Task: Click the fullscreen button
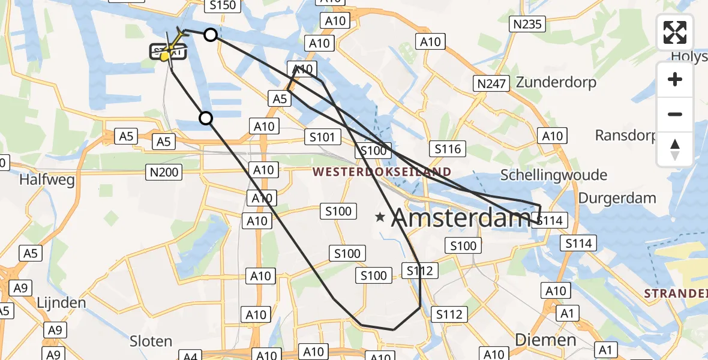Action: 675,32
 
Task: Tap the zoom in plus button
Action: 675,80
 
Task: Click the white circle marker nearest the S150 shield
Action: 210,35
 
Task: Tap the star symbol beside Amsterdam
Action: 380,217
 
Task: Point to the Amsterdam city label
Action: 460,218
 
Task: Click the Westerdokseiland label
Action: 382,172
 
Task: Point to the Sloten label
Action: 151,341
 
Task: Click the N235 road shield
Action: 527,25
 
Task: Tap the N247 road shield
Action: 491,83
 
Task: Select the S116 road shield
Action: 448,148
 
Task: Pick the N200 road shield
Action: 163,173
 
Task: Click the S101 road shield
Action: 322,137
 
